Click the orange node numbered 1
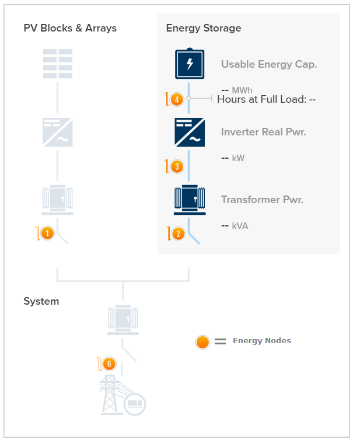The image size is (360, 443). tap(47, 233)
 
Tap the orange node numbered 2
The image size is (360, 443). tap(179, 233)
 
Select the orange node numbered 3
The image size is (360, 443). tap(177, 166)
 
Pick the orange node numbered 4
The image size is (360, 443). tap(177, 99)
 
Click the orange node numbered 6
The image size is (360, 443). tap(109, 364)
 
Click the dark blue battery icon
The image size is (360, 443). tap(190, 64)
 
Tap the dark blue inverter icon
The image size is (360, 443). tap(190, 132)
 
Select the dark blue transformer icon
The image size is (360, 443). tap(190, 200)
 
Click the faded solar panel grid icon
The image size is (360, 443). tap(58, 64)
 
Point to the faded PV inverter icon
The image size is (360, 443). tap(58, 132)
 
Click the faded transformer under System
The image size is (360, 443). tap(123, 320)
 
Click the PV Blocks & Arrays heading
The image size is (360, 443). tap(70, 28)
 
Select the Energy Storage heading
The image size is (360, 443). tap(204, 28)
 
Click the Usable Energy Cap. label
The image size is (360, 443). tap(269, 64)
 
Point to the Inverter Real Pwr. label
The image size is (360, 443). tap(263, 132)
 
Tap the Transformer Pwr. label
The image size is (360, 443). tap(262, 200)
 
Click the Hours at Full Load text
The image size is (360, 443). tap(266, 99)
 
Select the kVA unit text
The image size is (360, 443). tap(240, 226)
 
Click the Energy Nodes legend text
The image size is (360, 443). tap(262, 341)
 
